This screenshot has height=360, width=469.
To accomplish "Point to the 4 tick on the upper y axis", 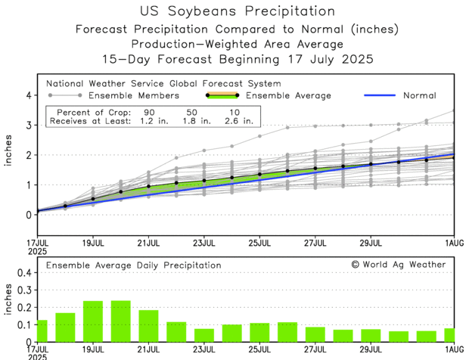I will (29, 95).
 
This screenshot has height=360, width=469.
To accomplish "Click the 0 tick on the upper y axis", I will (29, 214).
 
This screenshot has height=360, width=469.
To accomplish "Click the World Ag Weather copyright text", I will (399, 265).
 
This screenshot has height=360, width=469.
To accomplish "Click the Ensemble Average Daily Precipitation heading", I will (134, 265).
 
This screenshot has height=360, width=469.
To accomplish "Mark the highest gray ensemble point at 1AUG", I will (454, 111).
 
